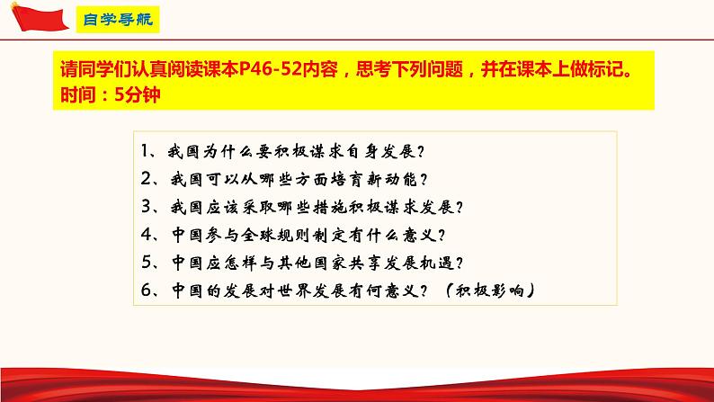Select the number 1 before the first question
point(147,149)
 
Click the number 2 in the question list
point(147,178)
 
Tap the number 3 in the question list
point(147,206)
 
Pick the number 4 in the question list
point(147,235)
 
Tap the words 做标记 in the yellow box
point(607,72)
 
